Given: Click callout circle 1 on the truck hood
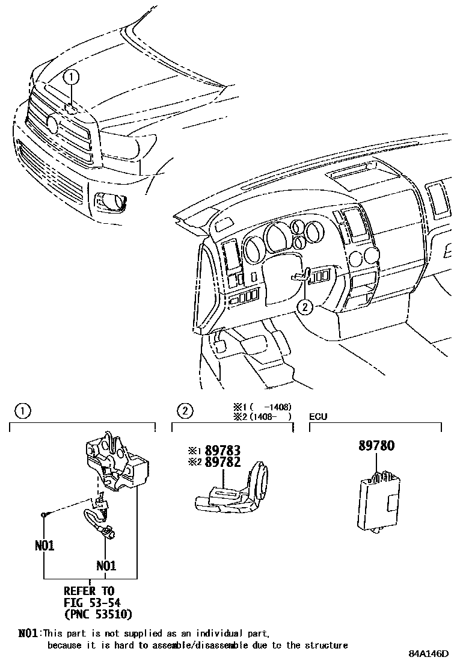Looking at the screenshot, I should [71, 76].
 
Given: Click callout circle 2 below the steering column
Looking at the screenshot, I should [305, 307].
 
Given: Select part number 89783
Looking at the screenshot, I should [222, 450].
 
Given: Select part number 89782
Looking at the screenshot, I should [222, 462].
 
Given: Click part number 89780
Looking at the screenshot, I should [376, 446].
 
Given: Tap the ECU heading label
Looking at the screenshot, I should [317, 416].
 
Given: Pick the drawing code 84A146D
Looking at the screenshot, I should [429, 654].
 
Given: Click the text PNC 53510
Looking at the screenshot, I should [97, 614].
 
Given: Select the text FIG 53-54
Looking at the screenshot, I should [90, 603].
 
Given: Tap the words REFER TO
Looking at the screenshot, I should [88, 591].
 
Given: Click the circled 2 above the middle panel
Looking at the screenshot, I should [184, 412].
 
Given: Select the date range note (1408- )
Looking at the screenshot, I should [271, 416].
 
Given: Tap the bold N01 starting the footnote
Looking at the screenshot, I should [28, 633].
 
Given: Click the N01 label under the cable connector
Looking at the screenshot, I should [106, 566].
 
